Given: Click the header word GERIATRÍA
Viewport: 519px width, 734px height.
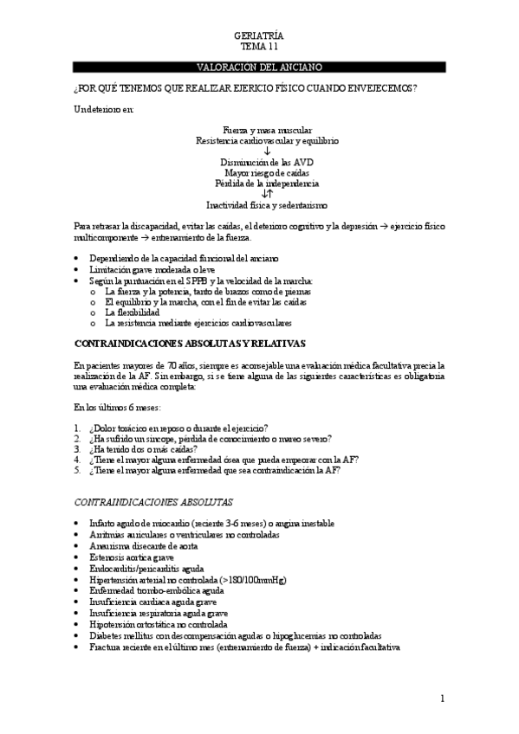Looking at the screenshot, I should point(259,35).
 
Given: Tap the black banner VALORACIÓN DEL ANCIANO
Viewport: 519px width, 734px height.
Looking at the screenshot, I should point(259,67).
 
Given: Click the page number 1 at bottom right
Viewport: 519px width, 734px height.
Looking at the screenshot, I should point(442,698).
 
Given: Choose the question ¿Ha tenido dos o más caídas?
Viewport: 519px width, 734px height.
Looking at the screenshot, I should point(142,449).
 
